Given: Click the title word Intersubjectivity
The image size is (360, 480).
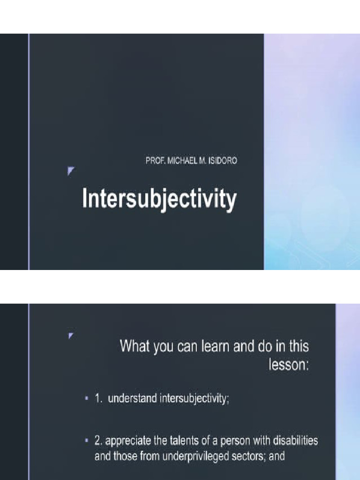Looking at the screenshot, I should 159,200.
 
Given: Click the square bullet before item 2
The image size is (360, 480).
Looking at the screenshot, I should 87,441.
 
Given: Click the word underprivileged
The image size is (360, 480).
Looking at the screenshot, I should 194,456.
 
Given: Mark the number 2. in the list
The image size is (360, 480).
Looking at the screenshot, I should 99,441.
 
